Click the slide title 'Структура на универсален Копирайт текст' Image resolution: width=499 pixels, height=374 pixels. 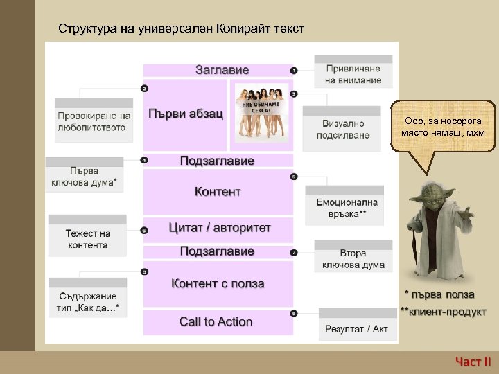click(x=181, y=30)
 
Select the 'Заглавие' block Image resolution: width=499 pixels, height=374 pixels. click(x=222, y=70)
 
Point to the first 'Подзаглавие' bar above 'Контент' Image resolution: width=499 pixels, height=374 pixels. click(x=217, y=161)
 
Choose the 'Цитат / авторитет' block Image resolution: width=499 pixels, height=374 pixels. click(x=220, y=228)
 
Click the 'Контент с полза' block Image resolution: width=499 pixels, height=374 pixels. click(x=218, y=283)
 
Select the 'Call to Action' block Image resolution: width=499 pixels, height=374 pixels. click(x=216, y=321)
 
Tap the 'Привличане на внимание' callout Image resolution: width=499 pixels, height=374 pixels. click(x=353, y=75)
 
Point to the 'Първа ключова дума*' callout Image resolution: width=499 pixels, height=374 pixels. click(x=85, y=177)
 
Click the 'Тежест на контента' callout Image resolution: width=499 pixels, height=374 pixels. click(x=88, y=239)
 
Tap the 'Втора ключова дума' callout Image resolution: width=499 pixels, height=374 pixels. click(x=353, y=259)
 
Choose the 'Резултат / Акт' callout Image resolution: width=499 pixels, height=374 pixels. click(x=357, y=328)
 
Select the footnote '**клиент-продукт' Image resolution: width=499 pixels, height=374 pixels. click(x=444, y=312)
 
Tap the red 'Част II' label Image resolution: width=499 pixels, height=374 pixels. click(x=473, y=360)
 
